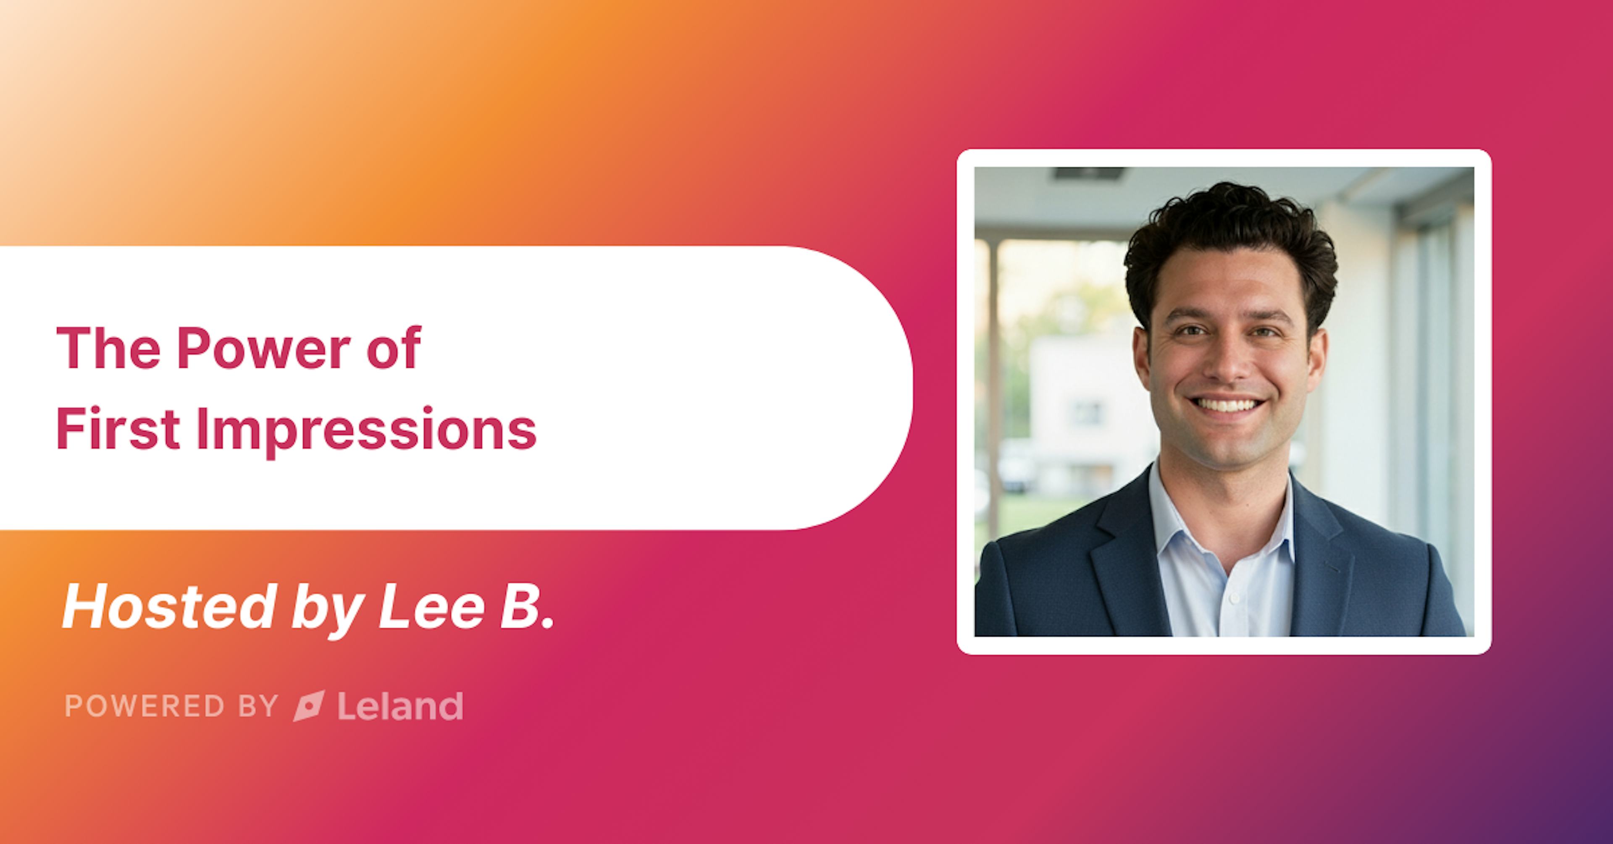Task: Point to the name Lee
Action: click(432, 607)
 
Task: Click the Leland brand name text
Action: click(400, 706)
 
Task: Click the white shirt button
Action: click(1234, 598)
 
